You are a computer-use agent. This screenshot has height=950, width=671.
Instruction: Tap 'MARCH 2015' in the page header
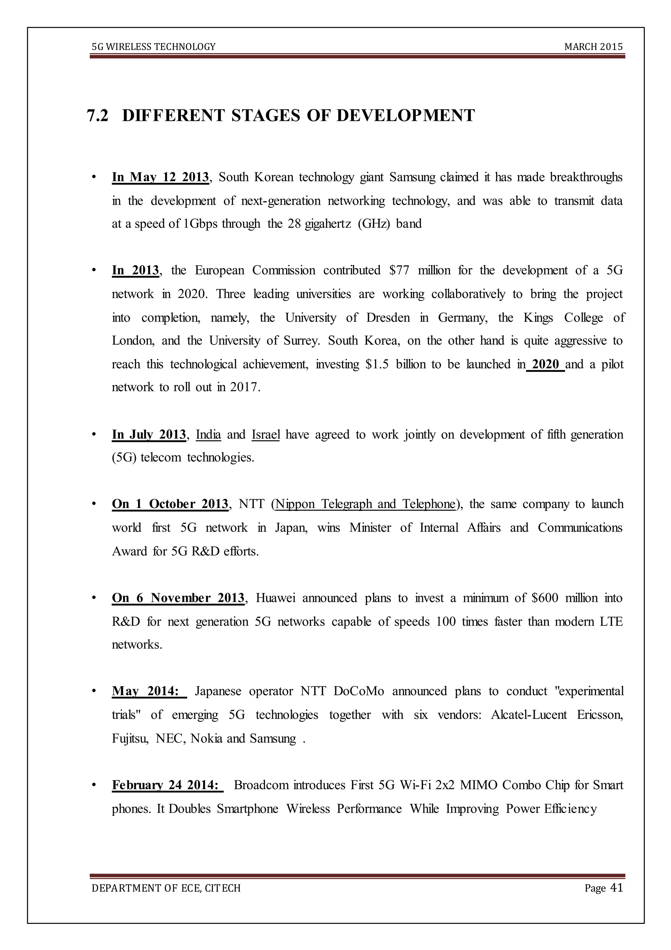click(x=593, y=47)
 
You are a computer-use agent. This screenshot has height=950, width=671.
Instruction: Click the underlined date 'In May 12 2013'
click(x=160, y=177)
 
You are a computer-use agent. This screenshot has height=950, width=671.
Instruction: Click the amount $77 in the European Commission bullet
click(x=399, y=271)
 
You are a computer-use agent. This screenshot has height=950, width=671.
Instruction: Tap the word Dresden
click(x=388, y=318)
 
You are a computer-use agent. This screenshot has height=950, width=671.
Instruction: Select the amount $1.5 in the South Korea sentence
click(x=377, y=365)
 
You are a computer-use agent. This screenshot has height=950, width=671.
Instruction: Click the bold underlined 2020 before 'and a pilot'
click(x=545, y=365)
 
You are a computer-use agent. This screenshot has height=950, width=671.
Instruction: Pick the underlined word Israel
click(x=266, y=435)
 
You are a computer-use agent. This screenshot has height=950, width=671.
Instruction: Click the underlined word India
click(x=208, y=435)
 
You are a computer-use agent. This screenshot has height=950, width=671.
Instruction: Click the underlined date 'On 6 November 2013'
click(x=178, y=598)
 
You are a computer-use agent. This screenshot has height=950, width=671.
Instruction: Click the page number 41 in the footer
click(x=616, y=888)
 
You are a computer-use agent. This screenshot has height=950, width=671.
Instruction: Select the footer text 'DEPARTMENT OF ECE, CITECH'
click(x=166, y=888)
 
